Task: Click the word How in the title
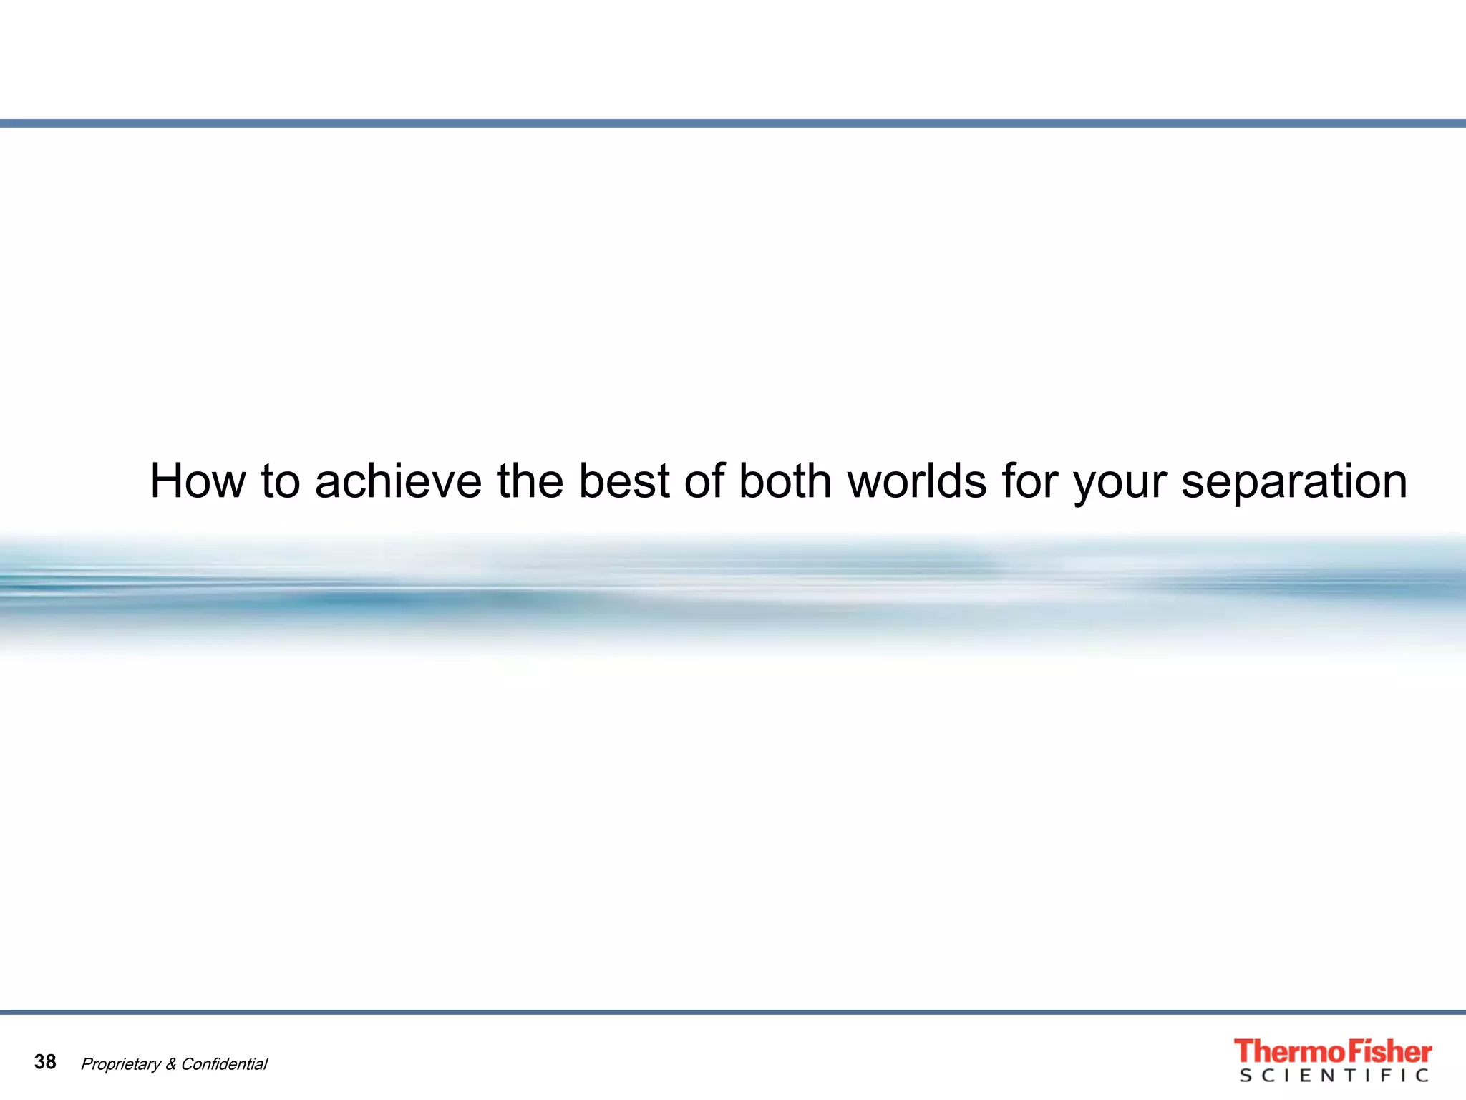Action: pos(198,481)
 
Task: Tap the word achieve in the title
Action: pos(398,481)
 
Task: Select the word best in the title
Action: pos(623,481)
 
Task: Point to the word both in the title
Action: pos(785,481)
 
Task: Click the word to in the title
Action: pos(280,481)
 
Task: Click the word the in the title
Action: pos(530,481)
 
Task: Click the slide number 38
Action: pos(45,1062)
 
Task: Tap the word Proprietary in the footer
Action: pos(120,1065)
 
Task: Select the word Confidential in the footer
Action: pos(224,1064)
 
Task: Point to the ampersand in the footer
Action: pos(171,1064)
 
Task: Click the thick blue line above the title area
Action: pos(733,124)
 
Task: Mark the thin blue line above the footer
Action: pos(733,1013)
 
